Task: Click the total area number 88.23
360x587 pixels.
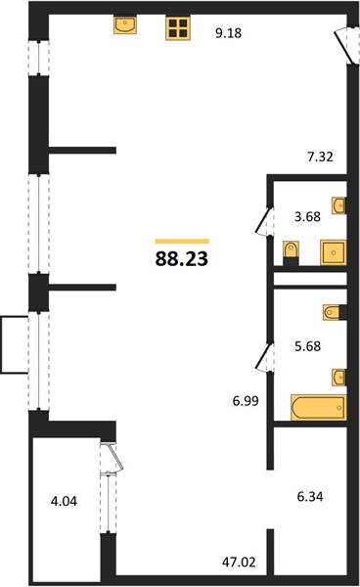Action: point(182,258)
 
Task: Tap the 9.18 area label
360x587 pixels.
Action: point(228,33)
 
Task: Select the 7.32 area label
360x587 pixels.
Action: point(320,157)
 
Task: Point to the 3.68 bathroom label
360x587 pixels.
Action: point(307,216)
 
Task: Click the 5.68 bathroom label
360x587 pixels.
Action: point(307,346)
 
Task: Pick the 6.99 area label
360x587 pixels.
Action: point(246,401)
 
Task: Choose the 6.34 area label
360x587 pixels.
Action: point(310,497)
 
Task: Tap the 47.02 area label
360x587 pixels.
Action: point(239,562)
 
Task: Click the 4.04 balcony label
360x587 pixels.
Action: point(64,501)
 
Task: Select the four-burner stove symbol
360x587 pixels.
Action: point(178,28)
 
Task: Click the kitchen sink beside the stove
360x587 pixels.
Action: point(125,24)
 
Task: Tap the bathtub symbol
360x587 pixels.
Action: point(319,407)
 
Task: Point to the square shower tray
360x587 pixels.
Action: point(334,252)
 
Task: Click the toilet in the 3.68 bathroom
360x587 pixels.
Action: point(292,253)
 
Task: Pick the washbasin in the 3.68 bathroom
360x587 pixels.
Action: point(339,205)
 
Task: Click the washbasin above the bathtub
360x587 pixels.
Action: point(339,378)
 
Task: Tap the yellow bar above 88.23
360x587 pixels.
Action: point(182,241)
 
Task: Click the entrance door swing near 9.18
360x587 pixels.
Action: point(344,46)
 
